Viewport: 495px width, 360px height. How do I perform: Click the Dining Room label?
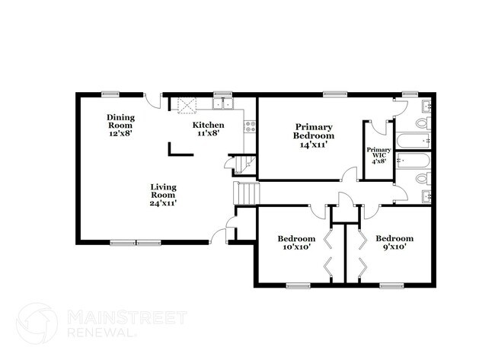[x=120, y=124]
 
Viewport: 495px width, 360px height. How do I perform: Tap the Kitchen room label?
[x=208, y=129]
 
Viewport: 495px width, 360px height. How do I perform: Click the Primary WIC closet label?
[x=378, y=155]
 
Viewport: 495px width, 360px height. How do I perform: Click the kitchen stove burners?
[x=249, y=126]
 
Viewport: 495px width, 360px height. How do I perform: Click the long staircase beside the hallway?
[x=246, y=193]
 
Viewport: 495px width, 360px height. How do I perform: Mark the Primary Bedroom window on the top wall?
[x=331, y=94]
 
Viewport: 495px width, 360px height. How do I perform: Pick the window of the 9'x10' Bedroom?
[x=391, y=285]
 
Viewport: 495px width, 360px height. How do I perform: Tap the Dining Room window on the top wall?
[x=111, y=94]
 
